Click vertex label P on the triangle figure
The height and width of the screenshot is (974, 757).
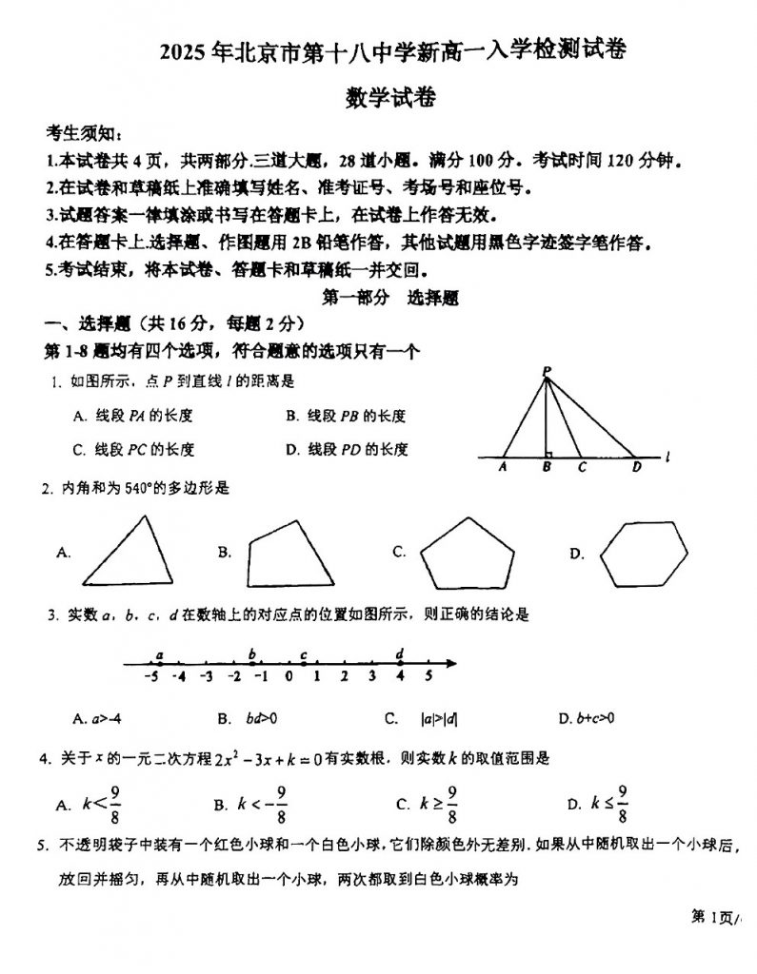pos(547,371)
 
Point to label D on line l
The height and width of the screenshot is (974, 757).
pos(637,467)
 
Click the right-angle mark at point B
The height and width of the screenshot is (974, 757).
pos(549,454)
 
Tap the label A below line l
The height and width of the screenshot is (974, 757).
pos(503,467)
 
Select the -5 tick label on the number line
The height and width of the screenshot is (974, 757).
pos(150,677)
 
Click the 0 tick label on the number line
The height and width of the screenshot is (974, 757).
pos(289,677)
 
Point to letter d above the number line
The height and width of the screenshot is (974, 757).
pos(400,653)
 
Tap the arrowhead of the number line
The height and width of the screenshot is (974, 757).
pos(454,664)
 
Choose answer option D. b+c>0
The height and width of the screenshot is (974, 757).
pos(587,717)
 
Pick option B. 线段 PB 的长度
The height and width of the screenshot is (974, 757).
pos(346,416)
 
